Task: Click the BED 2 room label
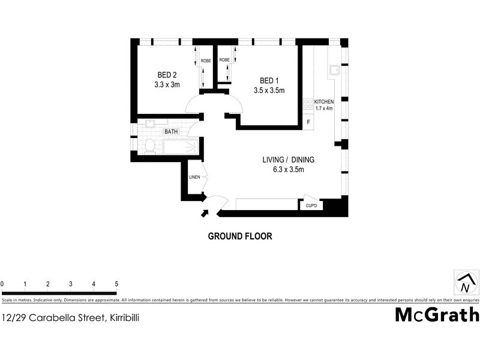(x=167, y=75)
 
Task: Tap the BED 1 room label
(x=269, y=80)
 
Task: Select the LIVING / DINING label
(x=288, y=160)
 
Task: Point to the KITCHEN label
(x=324, y=102)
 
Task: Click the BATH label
(x=172, y=131)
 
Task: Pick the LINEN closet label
(x=194, y=178)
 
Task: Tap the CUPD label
(x=311, y=206)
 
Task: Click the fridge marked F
(x=308, y=122)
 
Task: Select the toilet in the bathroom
(x=149, y=146)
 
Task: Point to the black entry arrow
(x=205, y=212)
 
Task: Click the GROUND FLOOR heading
(x=240, y=236)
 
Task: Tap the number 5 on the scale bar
(x=116, y=284)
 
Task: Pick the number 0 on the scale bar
(x=2, y=284)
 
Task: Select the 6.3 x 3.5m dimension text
(x=288, y=170)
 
